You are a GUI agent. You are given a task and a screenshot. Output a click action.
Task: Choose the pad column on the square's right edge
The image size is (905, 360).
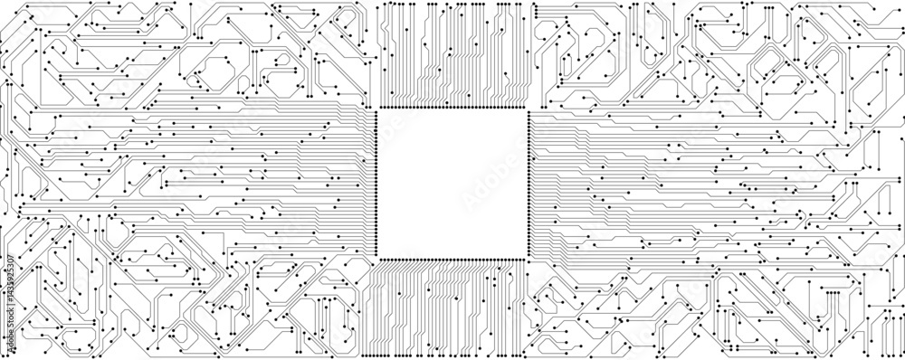tap(529, 184)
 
